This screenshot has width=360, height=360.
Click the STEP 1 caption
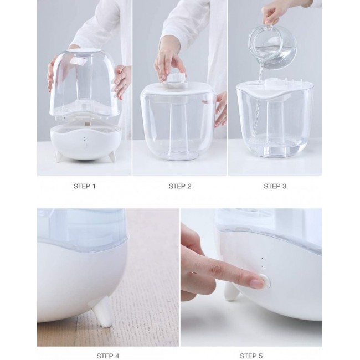click(85, 186)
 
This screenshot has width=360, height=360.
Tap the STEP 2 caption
click(180, 186)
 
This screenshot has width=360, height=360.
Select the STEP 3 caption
click(275, 186)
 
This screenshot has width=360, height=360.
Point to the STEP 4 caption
click(108, 356)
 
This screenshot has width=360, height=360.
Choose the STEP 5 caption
click(251, 356)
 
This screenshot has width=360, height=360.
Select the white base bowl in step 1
click(85, 141)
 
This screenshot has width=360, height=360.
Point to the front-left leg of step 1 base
click(59, 157)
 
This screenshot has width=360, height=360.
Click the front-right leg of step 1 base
click(112, 157)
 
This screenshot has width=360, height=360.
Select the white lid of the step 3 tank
click(275, 89)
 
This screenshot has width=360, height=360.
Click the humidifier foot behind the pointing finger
click(231, 292)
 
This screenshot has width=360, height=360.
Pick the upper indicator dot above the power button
click(262, 259)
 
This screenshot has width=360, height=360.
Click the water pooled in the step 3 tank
click(275, 146)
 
